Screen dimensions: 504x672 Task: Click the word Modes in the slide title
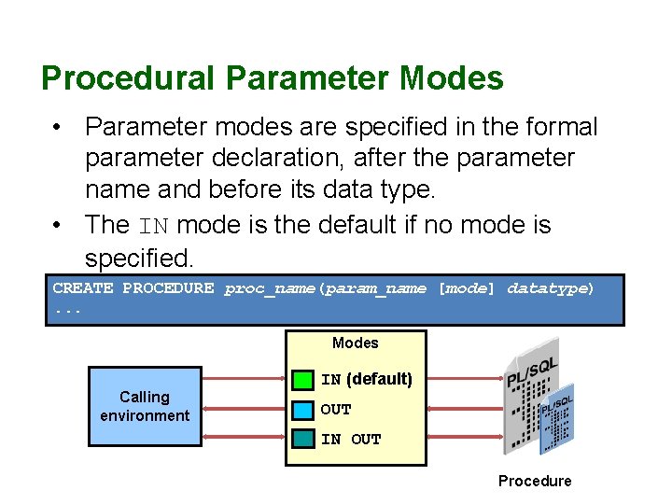[x=452, y=78]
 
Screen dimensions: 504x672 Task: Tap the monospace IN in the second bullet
[x=155, y=226]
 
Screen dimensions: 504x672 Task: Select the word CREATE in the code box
[x=83, y=288]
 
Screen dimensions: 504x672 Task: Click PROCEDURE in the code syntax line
[x=168, y=288]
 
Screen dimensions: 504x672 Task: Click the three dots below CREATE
[x=68, y=308]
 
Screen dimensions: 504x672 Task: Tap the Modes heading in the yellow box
[x=356, y=343]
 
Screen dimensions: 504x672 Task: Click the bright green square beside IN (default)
[x=302, y=380]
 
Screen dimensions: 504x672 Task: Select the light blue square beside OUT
[x=302, y=410]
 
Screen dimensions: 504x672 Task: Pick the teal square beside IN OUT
[x=302, y=439]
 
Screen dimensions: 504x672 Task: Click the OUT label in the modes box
[x=336, y=410]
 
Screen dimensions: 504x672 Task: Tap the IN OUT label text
[x=351, y=440]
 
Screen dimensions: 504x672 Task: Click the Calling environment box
[x=145, y=407]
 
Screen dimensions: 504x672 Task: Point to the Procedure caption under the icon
[x=534, y=481]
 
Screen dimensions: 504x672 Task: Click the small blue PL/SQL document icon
[x=558, y=416]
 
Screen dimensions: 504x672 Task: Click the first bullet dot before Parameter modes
[x=58, y=126]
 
